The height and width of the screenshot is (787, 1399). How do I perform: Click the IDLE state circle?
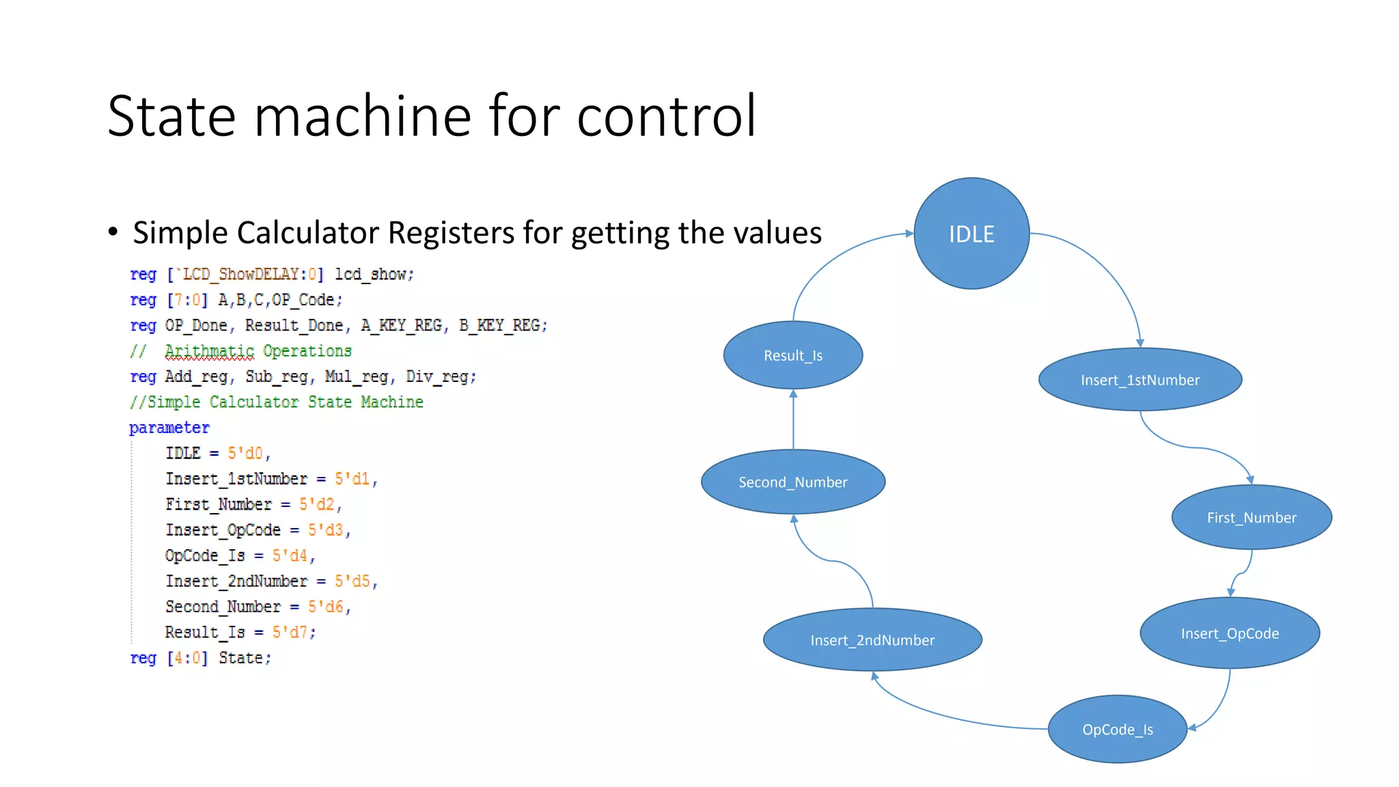[971, 234]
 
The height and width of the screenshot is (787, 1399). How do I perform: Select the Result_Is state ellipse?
[793, 355]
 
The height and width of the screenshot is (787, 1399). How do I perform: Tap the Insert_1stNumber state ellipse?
[1139, 380]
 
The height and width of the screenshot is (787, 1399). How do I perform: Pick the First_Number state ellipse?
[1251, 517]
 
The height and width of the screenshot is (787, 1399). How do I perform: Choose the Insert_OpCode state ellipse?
[1230, 633]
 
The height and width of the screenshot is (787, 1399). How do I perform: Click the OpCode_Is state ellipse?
[1118, 730]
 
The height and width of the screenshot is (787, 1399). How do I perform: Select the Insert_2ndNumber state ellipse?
[872, 640]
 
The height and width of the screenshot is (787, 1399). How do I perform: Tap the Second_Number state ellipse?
[793, 482]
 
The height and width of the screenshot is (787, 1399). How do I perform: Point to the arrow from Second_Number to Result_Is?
[793, 419]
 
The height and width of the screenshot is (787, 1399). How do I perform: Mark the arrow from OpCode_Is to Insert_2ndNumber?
[956, 717]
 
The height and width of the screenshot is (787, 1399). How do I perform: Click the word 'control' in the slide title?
[666, 116]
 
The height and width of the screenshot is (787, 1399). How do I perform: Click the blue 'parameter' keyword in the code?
[169, 428]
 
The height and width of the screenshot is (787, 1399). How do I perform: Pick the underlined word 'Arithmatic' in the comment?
[209, 351]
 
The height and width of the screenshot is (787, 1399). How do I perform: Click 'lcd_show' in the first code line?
[373, 275]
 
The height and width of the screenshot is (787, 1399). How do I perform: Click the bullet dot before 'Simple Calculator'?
[113, 232]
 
